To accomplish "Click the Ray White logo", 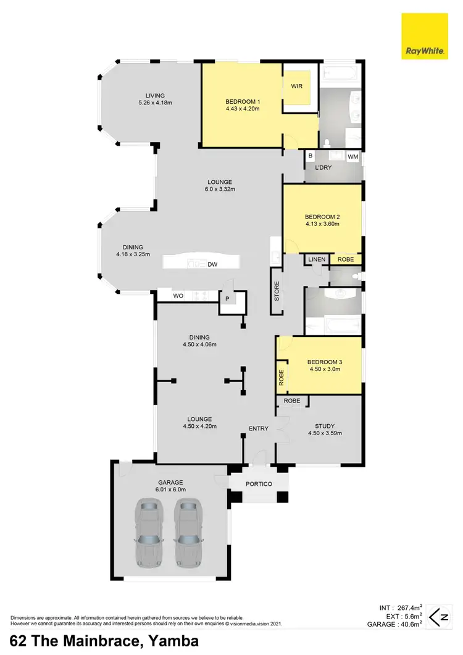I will tap(424, 36).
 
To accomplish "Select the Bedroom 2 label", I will tap(322, 217).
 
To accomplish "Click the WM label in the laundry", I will tap(352, 157).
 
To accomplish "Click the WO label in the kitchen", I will tap(178, 296).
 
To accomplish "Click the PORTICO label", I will tap(259, 484).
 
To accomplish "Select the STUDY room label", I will tap(324, 425).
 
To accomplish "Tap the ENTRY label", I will tap(259, 428).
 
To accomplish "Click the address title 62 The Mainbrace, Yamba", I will tap(104, 641).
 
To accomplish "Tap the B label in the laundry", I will tap(311, 157).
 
